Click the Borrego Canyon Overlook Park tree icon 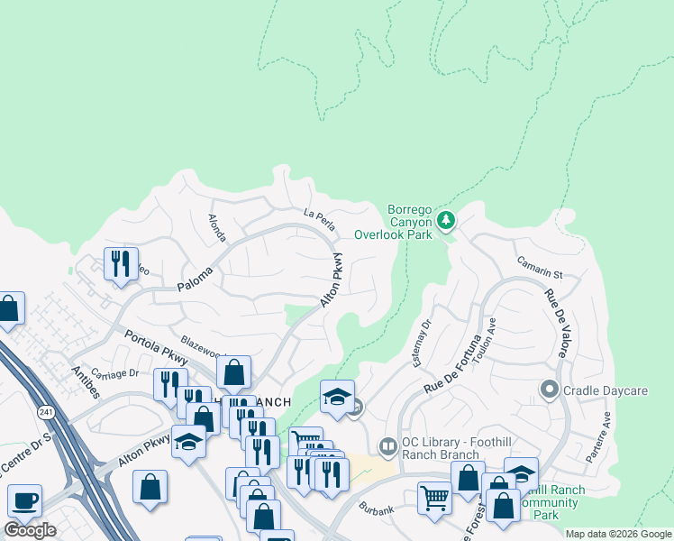tap(445, 219)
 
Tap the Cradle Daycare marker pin tap(549, 390)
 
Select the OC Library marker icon tap(387, 445)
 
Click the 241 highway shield tap(46, 411)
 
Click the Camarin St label tap(540, 267)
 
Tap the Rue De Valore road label tap(554, 323)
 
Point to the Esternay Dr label tap(425, 335)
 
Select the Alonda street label tap(217, 227)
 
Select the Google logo tap(30, 529)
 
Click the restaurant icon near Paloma tap(121, 263)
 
